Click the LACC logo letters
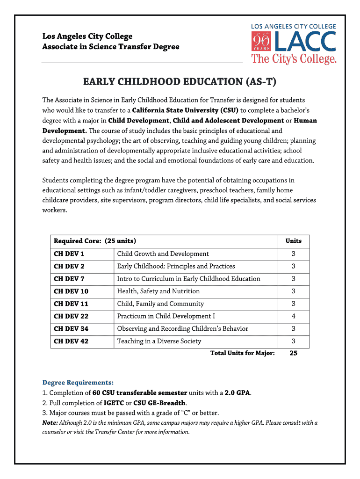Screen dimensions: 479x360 pyautogui.click(x=306, y=42)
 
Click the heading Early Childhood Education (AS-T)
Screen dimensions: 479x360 pyautogui.click(x=180, y=82)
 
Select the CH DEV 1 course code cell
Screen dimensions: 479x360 pyautogui.click(x=69, y=254)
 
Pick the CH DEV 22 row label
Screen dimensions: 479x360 pyautogui.click(x=71, y=316)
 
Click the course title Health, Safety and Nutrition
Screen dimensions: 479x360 pyautogui.click(x=158, y=291)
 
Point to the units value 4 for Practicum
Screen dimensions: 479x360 pyautogui.click(x=293, y=316)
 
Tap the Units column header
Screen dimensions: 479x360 pyautogui.click(x=293, y=241)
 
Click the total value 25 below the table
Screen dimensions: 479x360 pyautogui.click(x=293, y=353)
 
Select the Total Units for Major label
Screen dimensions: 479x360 pyautogui.click(x=242, y=353)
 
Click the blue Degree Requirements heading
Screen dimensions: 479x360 pyautogui.click(x=78, y=382)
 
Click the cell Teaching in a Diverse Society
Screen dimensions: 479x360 pyautogui.click(x=159, y=341)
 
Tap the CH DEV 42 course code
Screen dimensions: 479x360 pyautogui.click(x=71, y=341)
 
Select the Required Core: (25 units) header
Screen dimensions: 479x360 pyautogui.click(x=95, y=241)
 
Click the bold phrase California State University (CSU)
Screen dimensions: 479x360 pyautogui.click(x=185, y=110)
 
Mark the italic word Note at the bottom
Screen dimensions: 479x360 pyautogui.click(x=50, y=423)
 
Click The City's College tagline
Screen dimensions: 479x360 pyautogui.click(x=294, y=59)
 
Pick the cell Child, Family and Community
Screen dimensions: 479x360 pyautogui.click(x=160, y=304)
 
